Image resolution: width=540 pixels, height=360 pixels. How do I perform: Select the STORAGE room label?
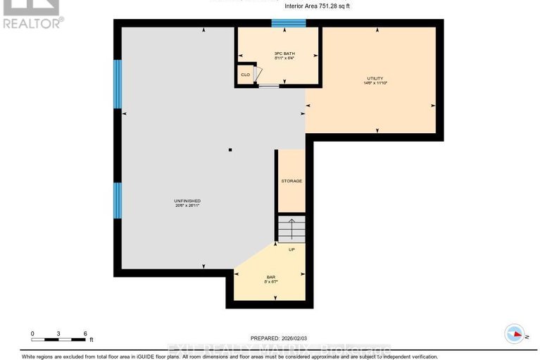(x=291, y=181)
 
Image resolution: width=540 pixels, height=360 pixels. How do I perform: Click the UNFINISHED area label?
(x=187, y=201)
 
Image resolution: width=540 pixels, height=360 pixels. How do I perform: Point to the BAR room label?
(x=270, y=278)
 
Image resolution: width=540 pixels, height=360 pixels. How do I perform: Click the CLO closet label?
(x=245, y=74)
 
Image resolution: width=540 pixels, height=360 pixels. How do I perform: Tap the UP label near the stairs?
(x=291, y=249)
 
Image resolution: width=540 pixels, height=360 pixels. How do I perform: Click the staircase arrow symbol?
(x=291, y=229)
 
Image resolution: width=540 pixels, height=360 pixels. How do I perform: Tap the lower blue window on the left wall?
(x=118, y=201)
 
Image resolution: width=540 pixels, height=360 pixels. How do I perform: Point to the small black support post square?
(x=230, y=150)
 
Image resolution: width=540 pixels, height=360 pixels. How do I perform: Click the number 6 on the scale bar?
(x=84, y=332)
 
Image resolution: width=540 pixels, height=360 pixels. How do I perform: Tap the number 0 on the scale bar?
(x=32, y=332)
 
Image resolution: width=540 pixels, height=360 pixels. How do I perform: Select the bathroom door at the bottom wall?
(x=268, y=86)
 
